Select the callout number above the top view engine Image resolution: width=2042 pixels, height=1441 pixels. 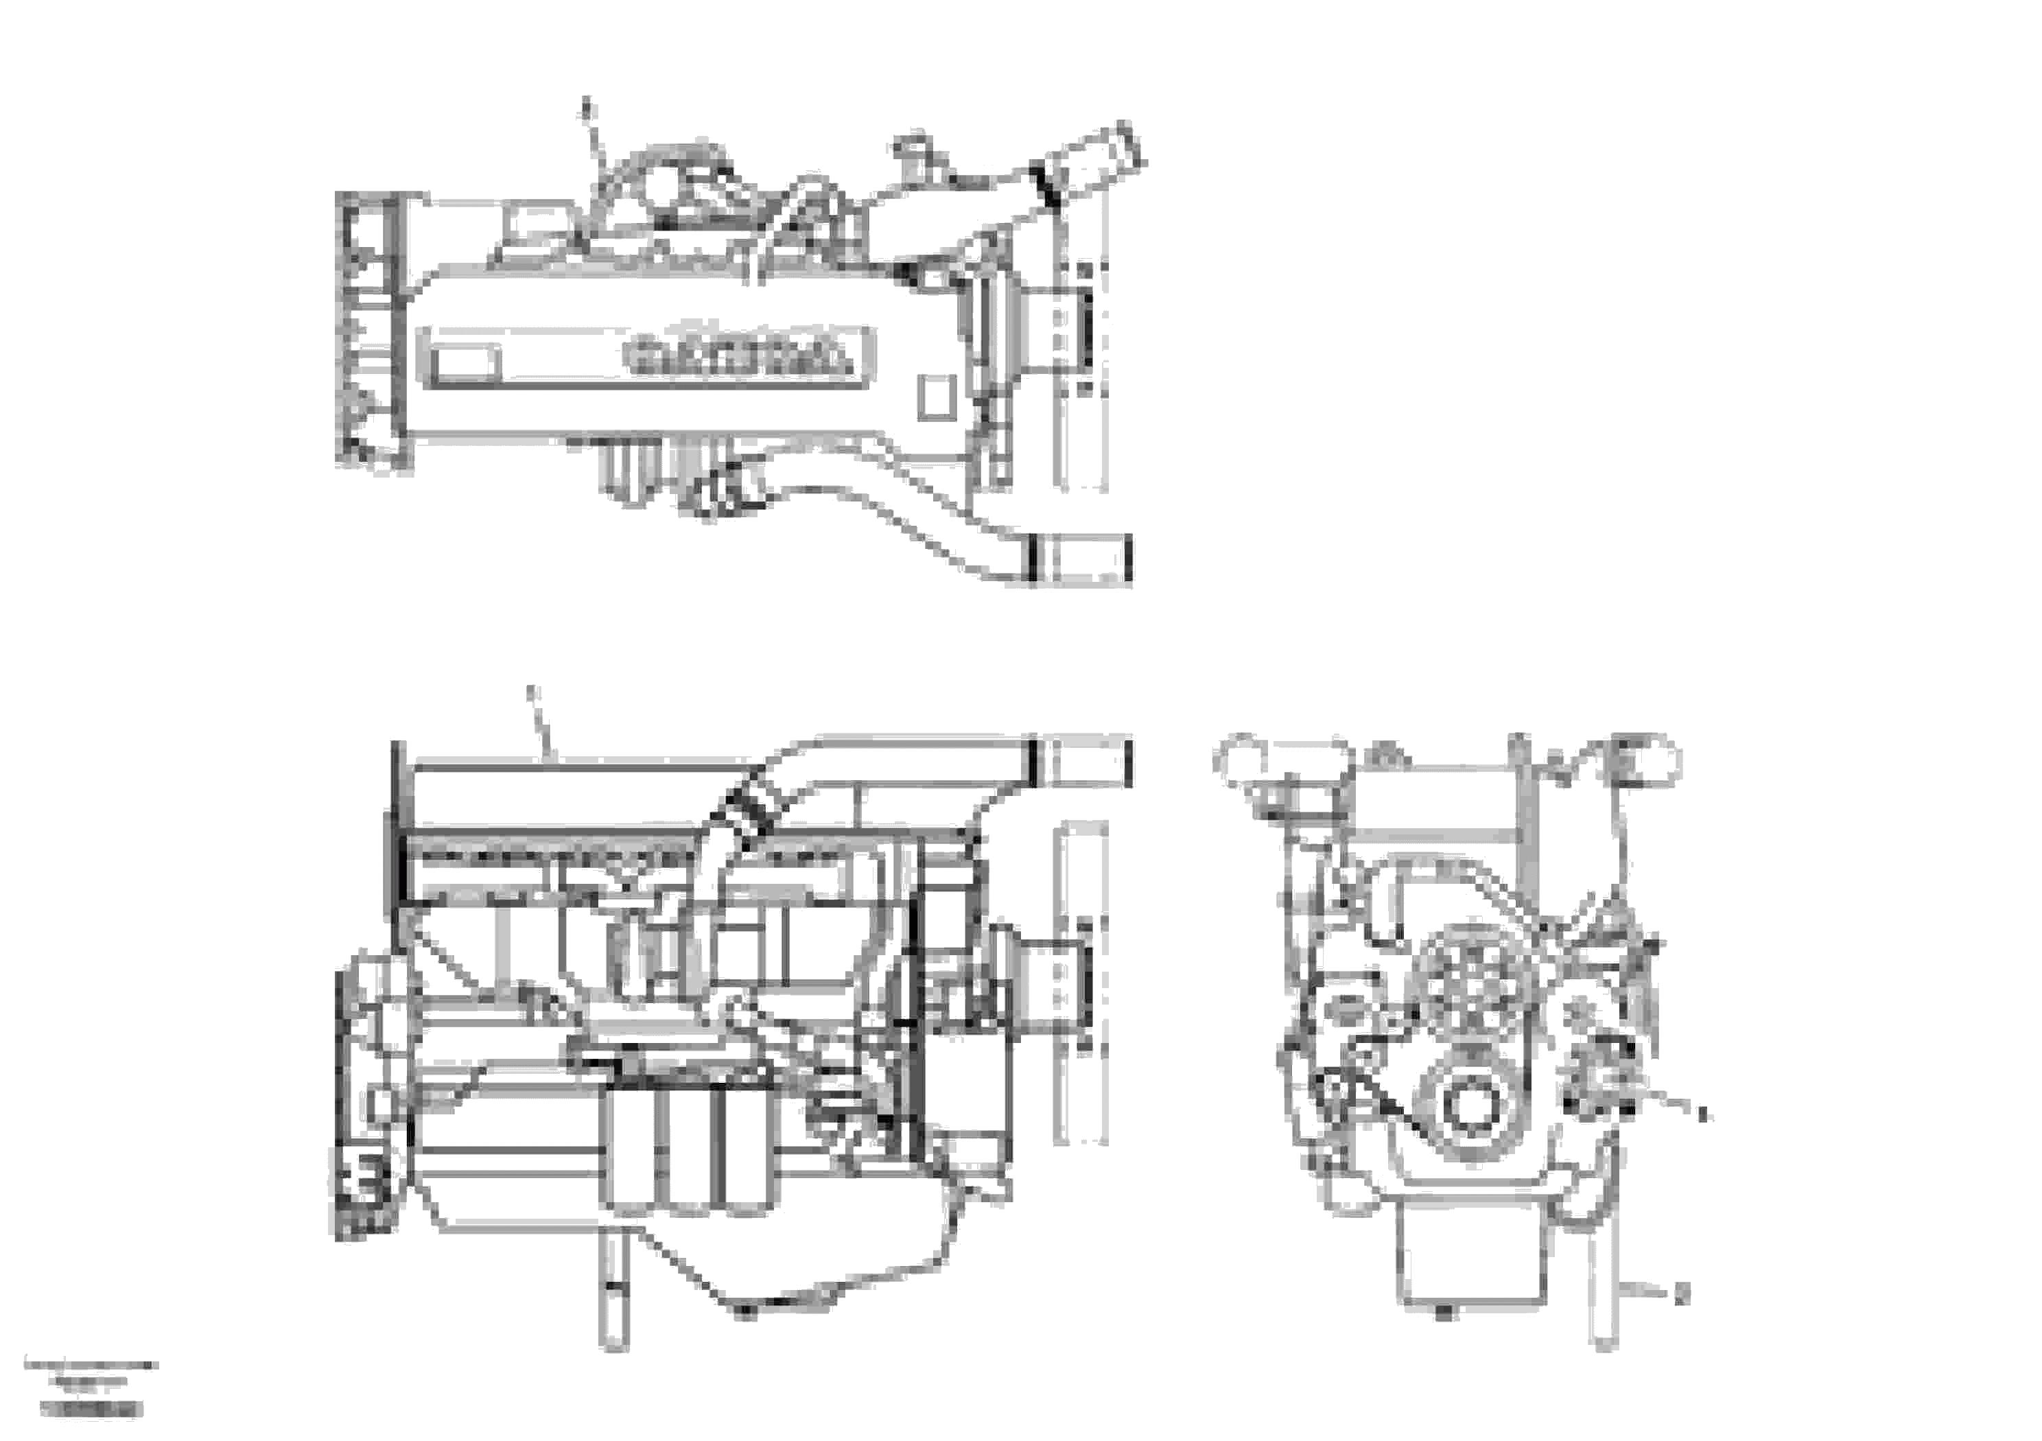[x=586, y=112]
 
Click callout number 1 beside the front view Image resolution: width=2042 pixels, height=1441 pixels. [x=1703, y=1113]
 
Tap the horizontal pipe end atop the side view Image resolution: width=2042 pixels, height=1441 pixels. [x=1080, y=762]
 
